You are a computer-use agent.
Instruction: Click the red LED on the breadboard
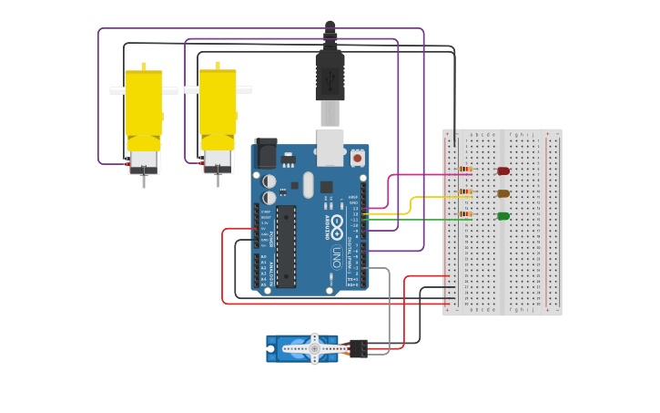503,170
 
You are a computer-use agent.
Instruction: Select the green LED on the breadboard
503,216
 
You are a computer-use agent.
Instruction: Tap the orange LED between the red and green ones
503,193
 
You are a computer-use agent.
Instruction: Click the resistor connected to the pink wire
465,169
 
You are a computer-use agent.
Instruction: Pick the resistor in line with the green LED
465,214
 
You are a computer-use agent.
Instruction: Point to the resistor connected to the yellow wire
465,191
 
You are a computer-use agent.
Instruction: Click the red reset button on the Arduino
357,158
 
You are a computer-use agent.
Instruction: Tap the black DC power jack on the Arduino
266,153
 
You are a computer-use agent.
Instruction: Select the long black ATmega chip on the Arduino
286,246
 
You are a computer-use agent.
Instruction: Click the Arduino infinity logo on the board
337,223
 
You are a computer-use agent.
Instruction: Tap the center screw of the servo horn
315,348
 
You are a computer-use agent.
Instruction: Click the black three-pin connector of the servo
358,348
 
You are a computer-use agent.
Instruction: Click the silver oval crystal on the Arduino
308,185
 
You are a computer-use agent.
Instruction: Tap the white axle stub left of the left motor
117,91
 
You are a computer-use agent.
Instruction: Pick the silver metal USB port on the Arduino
329,146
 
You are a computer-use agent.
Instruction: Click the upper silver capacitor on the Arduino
269,181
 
